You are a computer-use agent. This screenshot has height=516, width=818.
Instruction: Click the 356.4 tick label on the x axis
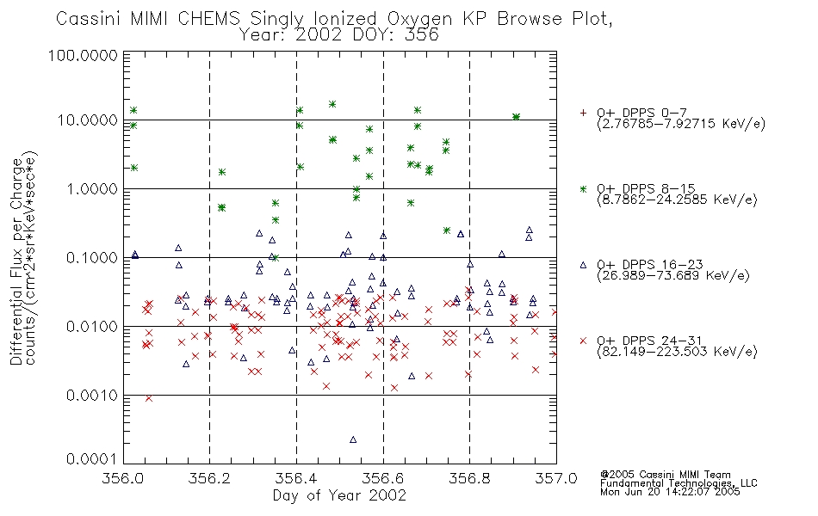click(296, 478)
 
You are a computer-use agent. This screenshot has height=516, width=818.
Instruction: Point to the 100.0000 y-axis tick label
click(83, 55)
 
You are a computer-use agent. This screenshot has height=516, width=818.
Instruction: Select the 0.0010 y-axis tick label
click(92, 396)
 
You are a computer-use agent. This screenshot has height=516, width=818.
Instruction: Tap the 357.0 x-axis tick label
click(556, 478)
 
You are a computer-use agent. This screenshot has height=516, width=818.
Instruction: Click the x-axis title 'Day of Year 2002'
click(339, 495)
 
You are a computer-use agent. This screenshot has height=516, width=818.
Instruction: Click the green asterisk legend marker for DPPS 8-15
click(583, 188)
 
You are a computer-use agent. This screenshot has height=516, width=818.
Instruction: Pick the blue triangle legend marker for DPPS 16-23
click(583, 265)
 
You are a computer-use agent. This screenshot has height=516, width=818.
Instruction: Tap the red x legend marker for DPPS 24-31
click(583, 341)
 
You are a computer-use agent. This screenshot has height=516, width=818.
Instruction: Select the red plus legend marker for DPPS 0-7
click(583, 113)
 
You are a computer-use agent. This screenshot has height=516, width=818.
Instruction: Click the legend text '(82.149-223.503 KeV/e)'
click(677, 352)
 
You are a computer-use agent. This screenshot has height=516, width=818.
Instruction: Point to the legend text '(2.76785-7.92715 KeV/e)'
click(681, 124)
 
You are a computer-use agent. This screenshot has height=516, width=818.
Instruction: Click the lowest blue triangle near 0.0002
click(353, 439)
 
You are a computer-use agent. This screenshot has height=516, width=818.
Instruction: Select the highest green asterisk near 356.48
click(332, 104)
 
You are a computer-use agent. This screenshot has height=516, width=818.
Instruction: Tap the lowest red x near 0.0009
click(149, 398)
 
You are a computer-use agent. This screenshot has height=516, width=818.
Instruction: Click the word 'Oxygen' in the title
click(419, 19)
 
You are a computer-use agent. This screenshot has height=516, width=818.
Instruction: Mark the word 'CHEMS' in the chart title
click(208, 18)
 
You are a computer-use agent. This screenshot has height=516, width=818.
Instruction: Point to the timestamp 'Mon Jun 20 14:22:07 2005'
click(670, 492)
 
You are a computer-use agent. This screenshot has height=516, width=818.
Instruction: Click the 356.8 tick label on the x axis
click(469, 478)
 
